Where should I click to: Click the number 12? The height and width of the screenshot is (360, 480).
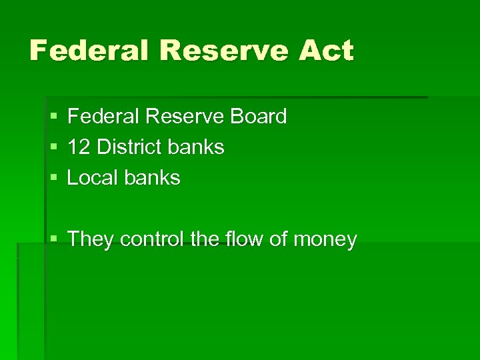coord(79,147)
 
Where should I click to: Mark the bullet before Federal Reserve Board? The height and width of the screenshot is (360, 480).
coord(53,117)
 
